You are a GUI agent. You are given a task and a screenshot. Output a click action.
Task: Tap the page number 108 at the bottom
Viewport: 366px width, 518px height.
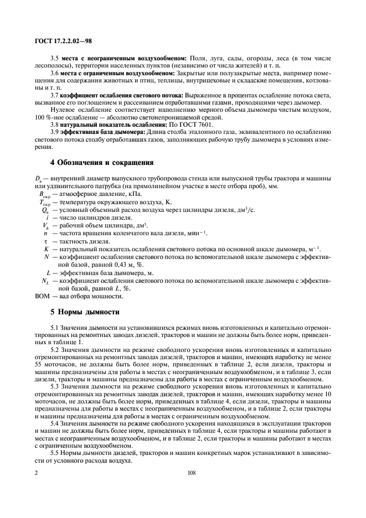(183, 473)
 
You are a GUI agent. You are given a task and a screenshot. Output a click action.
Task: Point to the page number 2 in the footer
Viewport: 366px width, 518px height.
(36, 473)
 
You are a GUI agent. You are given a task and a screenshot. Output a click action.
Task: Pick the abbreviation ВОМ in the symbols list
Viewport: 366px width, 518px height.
(43, 296)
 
